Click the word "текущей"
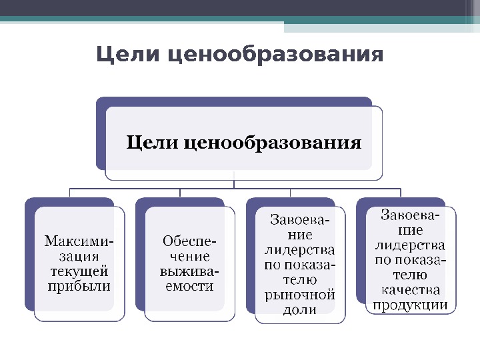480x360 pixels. pos(79,271)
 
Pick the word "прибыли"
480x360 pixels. pos(79,286)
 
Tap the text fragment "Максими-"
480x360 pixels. pos(79,240)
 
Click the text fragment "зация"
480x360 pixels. pos(79,255)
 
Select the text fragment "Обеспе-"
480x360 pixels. pos(189,241)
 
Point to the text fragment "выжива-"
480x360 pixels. pos(189,271)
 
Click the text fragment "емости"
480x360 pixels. pos(189,286)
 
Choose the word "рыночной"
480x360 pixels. pos(300,295)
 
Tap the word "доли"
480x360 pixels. pos(300,310)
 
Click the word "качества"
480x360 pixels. pos(411,290)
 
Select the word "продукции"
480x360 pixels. pos(411,305)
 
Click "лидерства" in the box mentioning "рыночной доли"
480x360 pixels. pos(300,251)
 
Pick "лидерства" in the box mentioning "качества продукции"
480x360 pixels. pos(411,245)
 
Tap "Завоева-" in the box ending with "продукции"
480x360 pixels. pos(411,215)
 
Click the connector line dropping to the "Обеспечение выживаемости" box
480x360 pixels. pos(180,193)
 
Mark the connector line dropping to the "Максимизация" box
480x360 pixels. pos(70,193)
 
